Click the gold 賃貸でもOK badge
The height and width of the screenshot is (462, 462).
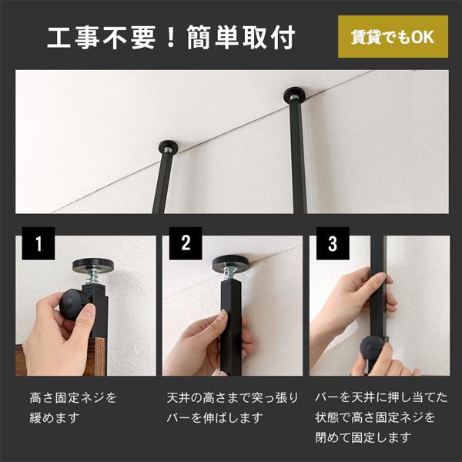(393, 36)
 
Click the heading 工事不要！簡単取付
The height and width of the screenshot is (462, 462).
(171, 38)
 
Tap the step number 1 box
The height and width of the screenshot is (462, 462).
(38, 243)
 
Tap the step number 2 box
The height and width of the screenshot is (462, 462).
(186, 243)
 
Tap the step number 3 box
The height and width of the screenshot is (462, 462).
(333, 243)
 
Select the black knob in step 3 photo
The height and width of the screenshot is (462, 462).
(372, 348)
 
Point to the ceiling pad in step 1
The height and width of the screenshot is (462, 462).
(93, 265)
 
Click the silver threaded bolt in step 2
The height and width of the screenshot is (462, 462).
(231, 274)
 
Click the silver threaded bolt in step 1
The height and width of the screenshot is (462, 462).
(93, 278)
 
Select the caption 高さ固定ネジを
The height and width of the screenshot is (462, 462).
(73, 398)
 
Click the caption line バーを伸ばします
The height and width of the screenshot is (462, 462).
(215, 417)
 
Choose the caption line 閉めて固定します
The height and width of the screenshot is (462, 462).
(363, 437)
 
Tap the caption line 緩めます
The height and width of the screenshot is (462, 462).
(55, 417)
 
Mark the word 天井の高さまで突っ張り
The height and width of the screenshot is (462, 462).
(233, 398)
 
